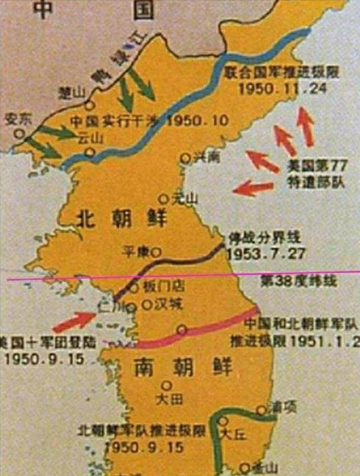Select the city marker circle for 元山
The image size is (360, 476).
163,198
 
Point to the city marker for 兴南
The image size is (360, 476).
185,159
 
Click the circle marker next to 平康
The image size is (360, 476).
157,252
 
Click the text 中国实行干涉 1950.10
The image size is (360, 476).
149,120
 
